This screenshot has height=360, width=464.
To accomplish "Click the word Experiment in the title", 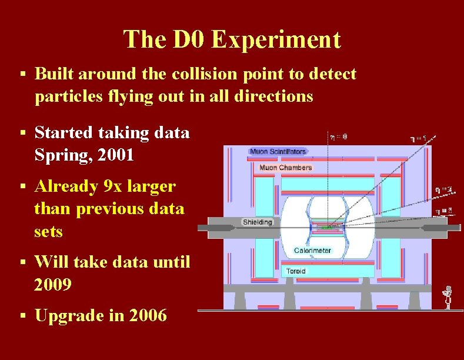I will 276,40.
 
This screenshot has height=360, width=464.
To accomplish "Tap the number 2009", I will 53,285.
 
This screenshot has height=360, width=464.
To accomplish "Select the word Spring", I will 58,156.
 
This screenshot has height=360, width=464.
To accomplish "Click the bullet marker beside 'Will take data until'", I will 22,262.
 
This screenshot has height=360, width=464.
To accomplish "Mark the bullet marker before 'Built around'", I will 22,75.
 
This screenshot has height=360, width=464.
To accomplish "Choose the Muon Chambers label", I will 285,168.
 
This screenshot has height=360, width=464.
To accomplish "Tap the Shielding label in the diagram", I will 258,222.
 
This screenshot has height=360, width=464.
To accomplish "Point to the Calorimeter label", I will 312,250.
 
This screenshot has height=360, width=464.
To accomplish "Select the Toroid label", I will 295,271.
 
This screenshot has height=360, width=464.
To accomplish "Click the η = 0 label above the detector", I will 338,136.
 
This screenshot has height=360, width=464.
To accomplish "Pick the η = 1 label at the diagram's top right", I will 418,139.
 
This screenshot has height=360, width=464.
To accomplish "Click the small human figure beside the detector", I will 448,296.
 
